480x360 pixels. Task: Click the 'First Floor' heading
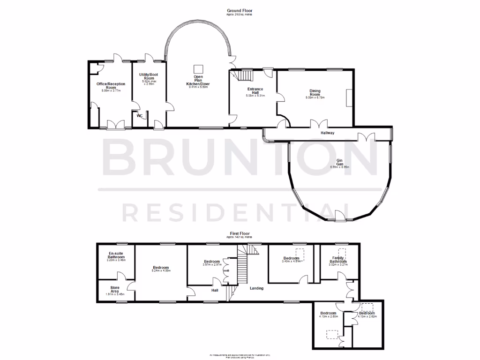pos(240,233)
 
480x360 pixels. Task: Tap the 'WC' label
pos(139,116)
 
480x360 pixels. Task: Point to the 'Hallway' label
pos(328,133)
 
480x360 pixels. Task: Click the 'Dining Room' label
pos(315,92)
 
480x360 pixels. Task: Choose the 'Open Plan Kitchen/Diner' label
pos(198,80)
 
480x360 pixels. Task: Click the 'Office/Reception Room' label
pos(111,85)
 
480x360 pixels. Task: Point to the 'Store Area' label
pos(115,289)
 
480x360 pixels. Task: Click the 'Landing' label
pos(256,288)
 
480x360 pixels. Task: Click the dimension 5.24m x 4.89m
pos(161,271)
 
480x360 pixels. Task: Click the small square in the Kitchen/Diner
pos(198,67)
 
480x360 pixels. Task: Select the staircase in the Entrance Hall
pos(245,75)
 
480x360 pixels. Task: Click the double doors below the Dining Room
pos(318,124)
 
